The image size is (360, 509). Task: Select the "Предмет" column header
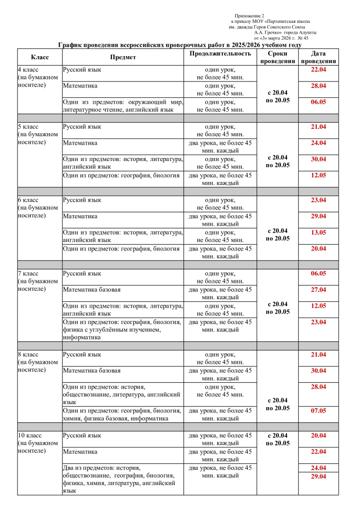(123, 57)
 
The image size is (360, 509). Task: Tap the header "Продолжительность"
(220, 54)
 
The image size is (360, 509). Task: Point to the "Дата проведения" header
(318, 57)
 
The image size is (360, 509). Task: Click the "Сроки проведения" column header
(277, 57)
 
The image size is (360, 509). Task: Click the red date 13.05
(318, 232)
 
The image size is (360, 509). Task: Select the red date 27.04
(318, 289)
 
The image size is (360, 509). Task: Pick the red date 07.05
(318, 411)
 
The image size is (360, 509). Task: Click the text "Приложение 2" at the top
(249, 16)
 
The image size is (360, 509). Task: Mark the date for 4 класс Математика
(318, 86)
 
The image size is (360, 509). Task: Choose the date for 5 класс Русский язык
(318, 127)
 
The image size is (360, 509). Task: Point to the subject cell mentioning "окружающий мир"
(123, 106)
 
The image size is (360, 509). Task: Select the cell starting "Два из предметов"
(123, 479)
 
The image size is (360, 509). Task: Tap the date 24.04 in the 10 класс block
(318, 468)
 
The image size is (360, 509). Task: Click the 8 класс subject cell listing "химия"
(123, 414)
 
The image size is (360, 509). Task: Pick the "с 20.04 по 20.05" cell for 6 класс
(277, 235)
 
